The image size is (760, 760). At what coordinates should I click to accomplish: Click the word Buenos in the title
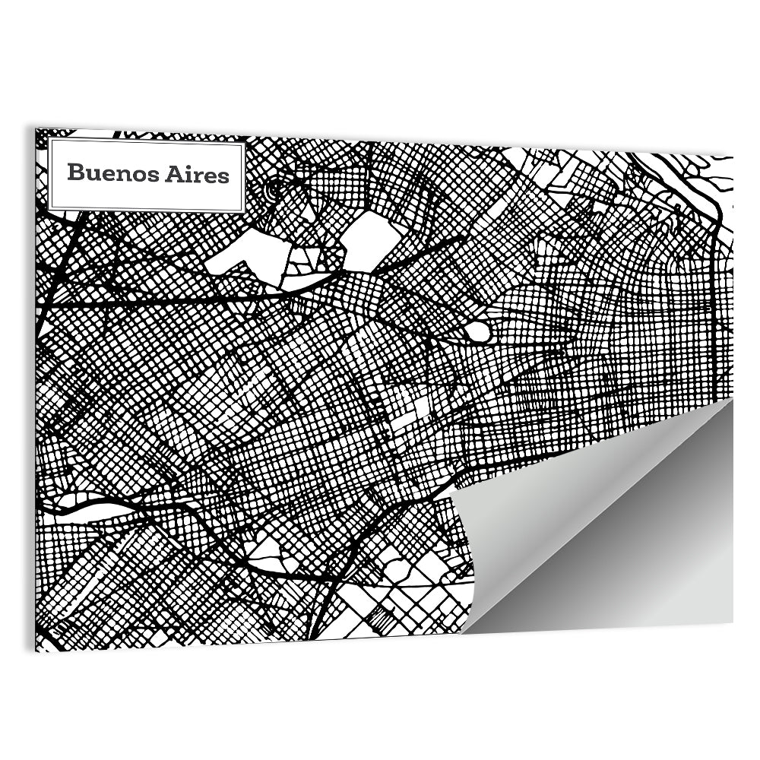110,173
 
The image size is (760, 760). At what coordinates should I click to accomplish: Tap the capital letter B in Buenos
74,173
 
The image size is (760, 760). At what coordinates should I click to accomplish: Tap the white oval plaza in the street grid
477,331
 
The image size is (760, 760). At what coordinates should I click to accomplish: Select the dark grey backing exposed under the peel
646,562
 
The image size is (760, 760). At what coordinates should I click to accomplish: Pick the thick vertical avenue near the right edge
714,304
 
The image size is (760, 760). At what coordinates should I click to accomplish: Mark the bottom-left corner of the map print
37,650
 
